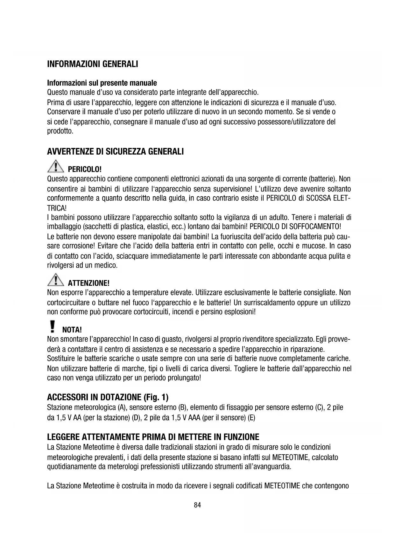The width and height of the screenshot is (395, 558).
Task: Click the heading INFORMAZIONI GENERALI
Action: click(92, 64)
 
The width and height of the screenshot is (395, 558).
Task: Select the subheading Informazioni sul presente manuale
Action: click(102, 83)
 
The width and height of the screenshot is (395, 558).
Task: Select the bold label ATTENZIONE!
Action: click(89, 283)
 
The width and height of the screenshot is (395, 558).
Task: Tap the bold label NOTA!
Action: click(72, 329)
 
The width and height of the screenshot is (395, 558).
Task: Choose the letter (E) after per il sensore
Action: click(251, 417)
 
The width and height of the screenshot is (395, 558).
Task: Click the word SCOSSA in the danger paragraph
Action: click(319, 199)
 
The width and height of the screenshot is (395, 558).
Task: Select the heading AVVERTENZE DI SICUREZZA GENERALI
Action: click(115, 151)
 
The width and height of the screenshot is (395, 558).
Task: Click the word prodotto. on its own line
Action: click(60, 131)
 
